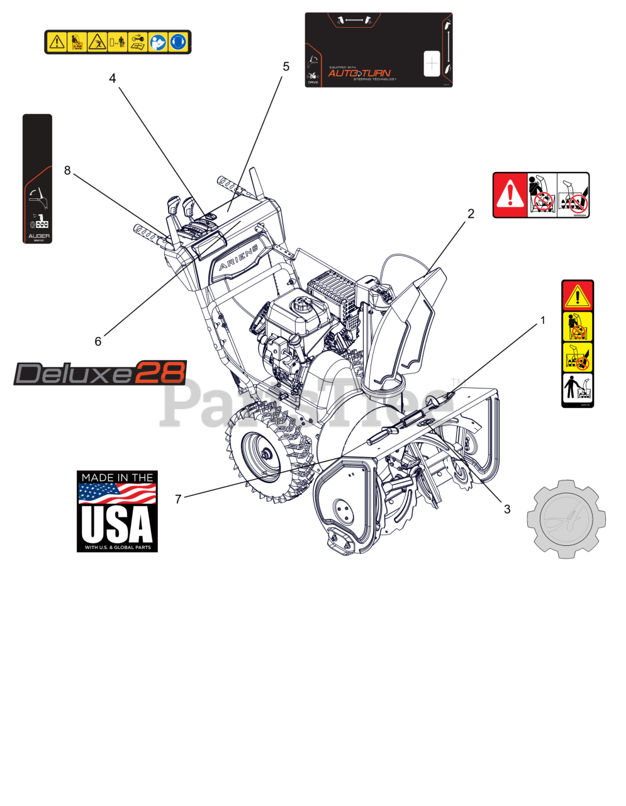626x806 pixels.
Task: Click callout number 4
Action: [x=113, y=79]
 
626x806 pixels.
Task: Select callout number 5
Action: [x=286, y=67]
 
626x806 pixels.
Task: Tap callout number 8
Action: [x=67, y=171]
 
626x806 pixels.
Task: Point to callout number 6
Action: [x=98, y=341]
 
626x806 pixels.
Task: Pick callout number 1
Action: [x=543, y=321]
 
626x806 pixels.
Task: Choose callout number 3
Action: [x=507, y=509]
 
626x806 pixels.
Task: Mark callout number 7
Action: [x=178, y=499]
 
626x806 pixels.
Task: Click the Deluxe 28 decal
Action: [x=101, y=373]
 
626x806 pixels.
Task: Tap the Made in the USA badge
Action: [x=117, y=511]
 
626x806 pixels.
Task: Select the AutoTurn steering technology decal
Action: [x=379, y=50]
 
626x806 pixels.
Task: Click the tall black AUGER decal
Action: [x=38, y=178]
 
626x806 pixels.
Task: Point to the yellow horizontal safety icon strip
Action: [x=118, y=42]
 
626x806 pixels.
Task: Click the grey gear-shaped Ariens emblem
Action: [x=566, y=519]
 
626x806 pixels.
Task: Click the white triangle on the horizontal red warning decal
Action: [x=510, y=195]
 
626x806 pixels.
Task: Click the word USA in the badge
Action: [x=117, y=523]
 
